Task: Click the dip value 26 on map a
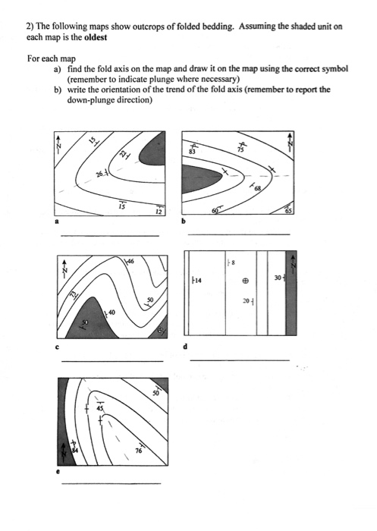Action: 99,175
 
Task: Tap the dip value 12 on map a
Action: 158,212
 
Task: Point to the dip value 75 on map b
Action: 241,150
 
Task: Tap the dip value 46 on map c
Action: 130,262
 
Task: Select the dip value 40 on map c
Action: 112,312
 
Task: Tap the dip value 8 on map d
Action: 233,263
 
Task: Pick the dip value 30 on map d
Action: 278,278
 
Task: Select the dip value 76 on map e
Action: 138,451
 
